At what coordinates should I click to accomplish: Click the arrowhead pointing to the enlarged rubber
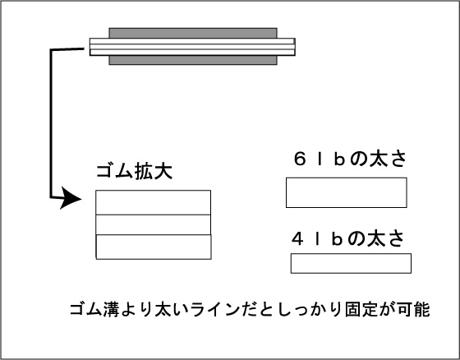(x=71, y=198)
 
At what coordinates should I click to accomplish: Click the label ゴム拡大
(x=134, y=171)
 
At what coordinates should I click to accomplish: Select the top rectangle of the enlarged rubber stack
(x=153, y=203)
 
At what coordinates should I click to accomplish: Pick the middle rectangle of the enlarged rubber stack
(x=153, y=224)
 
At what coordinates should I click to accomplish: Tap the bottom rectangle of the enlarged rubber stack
(x=154, y=247)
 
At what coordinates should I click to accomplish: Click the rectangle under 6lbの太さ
(x=346, y=192)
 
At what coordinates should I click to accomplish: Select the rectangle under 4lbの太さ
(x=351, y=263)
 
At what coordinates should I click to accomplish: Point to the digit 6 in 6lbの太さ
(x=300, y=159)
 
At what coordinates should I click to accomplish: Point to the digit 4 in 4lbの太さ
(x=297, y=238)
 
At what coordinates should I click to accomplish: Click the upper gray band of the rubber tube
(x=193, y=33)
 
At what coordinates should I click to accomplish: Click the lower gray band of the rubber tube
(x=193, y=60)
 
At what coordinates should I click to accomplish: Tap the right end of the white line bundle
(x=295, y=47)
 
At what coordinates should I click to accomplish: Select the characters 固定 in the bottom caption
(x=361, y=309)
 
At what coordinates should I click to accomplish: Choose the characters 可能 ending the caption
(x=414, y=309)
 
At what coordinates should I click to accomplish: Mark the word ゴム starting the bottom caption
(x=86, y=309)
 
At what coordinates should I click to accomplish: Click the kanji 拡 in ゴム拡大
(x=144, y=171)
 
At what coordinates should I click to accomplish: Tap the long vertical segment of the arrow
(x=51, y=123)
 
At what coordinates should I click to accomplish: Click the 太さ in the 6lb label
(x=388, y=159)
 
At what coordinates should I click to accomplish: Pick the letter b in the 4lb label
(x=337, y=238)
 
